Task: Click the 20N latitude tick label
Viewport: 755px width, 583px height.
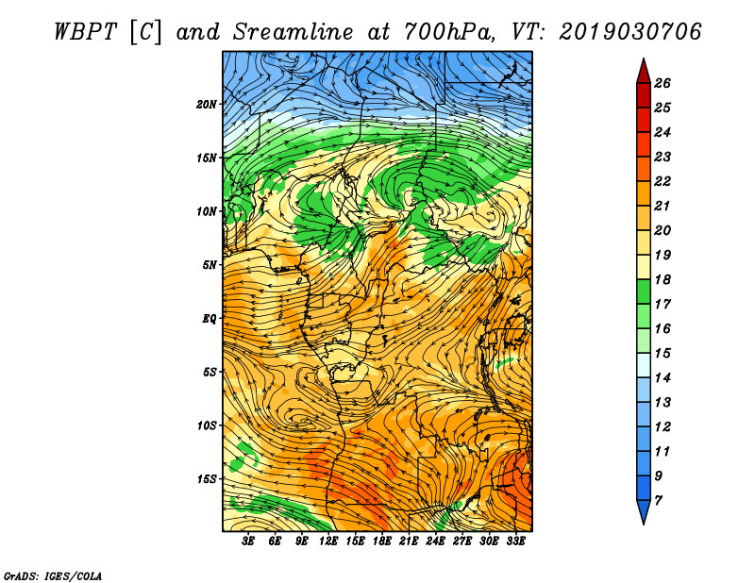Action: click(206, 105)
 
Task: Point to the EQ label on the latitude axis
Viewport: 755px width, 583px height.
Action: click(210, 319)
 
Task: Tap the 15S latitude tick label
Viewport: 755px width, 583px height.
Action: click(206, 479)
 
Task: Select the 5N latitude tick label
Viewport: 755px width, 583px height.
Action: click(210, 265)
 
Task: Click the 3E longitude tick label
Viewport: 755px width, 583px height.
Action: click(248, 541)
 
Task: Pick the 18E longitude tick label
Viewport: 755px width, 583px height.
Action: click(382, 541)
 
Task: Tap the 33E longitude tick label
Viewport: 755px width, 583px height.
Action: click(515, 541)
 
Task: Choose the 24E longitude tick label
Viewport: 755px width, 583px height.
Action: click(435, 541)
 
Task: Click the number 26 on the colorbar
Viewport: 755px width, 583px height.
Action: click(663, 83)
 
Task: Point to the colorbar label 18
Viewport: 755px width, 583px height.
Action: click(663, 279)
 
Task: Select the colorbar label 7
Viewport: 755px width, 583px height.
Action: click(658, 501)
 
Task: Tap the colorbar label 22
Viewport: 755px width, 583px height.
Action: click(663, 181)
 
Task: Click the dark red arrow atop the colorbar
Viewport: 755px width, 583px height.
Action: click(644, 72)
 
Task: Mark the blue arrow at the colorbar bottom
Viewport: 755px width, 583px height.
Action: click(644, 511)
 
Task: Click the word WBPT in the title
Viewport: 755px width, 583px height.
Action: click(86, 32)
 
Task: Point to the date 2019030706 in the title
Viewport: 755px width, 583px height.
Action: click(630, 32)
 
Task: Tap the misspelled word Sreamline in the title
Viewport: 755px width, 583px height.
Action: click(294, 32)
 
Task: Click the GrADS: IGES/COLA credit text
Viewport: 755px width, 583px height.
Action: click(53, 576)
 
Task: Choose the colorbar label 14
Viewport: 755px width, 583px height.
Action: click(663, 378)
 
